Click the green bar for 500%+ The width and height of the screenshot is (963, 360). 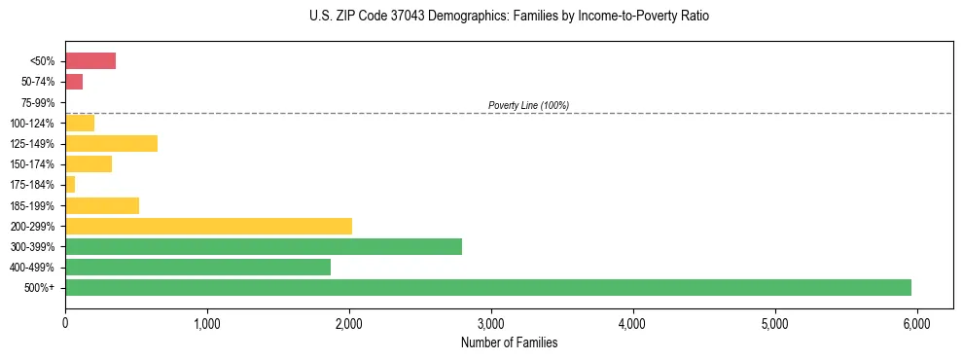click(487, 288)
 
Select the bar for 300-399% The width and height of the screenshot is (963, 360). click(263, 247)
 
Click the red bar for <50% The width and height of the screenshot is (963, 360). click(90, 61)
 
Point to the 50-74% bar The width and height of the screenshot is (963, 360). click(74, 82)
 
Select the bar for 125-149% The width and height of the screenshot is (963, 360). click(111, 144)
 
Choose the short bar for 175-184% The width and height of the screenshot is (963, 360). click(70, 185)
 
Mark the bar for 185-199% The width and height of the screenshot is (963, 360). click(102, 205)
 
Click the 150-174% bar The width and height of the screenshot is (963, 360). click(89, 164)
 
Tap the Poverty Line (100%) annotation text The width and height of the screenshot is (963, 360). click(528, 105)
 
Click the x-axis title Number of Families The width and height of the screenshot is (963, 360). click(509, 342)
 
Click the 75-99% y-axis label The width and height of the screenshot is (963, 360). click(38, 102)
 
